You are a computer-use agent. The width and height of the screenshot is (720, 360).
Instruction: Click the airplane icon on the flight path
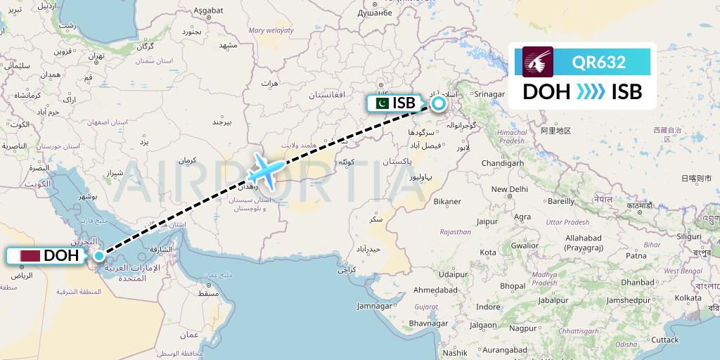[267, 169]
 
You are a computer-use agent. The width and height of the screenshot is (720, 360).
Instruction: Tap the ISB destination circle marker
[439, 104]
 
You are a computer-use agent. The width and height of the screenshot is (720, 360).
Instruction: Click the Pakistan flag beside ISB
[380, 103]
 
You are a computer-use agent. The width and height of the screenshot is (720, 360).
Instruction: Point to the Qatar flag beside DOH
[30, 256]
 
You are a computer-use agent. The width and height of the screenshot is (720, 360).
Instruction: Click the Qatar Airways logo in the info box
[538, 61]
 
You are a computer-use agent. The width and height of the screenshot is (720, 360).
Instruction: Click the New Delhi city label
[510, 189]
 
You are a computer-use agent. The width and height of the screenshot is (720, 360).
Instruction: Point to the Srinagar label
[490, 94]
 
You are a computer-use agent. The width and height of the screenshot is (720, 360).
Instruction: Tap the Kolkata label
[688, 298]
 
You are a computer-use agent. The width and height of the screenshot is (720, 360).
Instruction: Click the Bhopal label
[512, 285]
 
